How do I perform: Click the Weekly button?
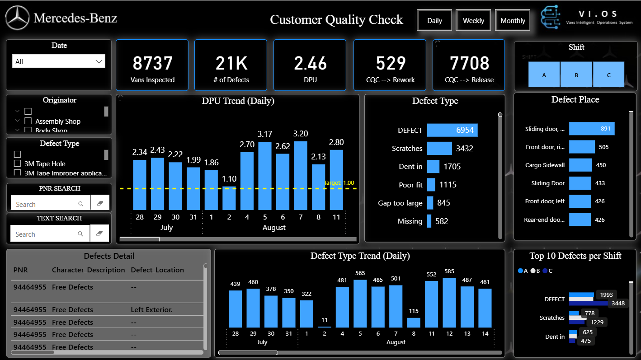tap(473, 20)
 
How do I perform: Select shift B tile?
tap(576, 75)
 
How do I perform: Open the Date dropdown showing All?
tap(59, 61)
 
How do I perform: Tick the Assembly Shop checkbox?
tap(28, 121)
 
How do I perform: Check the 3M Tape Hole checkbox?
tap(18, 164)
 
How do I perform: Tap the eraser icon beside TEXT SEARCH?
tap(100, 234)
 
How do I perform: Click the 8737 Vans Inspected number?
tap(152, 63)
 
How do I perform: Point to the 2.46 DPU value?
tap(310, 63)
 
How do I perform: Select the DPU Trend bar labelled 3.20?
tap(301, 176)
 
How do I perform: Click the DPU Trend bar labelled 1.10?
tap(229, 198)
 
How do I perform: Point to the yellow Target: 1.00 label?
tap(339, 183)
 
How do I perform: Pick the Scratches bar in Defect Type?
tap(439, 148)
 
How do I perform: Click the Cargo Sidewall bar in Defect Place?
tap(580, 165)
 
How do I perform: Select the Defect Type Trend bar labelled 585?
tap(449, 303)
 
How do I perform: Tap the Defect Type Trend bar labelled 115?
tap(413, 323)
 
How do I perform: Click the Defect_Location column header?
tap(157, 270)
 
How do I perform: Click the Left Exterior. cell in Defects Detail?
tap(151, 310)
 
